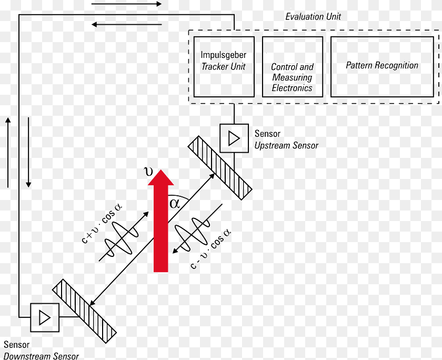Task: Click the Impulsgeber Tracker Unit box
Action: coord(224,67)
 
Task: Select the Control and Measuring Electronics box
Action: coord(293,67)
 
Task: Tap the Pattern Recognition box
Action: coord(382,67)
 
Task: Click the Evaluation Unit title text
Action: coord(313,17)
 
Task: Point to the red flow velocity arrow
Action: coord(161,221)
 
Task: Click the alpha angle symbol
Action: coord(175,203)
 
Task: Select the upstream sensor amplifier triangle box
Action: coord(234,138)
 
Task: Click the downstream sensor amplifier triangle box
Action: coord(45,317)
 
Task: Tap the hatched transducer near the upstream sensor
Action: coord(220,168)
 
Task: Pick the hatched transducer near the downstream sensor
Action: coord(84,311)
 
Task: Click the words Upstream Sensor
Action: coord(286,145)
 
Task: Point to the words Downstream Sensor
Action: coord(41,356)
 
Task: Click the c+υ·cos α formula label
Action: coord(102,224)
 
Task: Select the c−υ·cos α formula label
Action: coord(211,249)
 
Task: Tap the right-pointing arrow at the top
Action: coord(127,4)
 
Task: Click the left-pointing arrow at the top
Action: coord(127,25)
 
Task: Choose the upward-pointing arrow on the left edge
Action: coord(8,153)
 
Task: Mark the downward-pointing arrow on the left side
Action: coord(28,153)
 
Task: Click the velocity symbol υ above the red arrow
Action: coord(148,171)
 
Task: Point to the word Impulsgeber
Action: coord(223,55)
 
